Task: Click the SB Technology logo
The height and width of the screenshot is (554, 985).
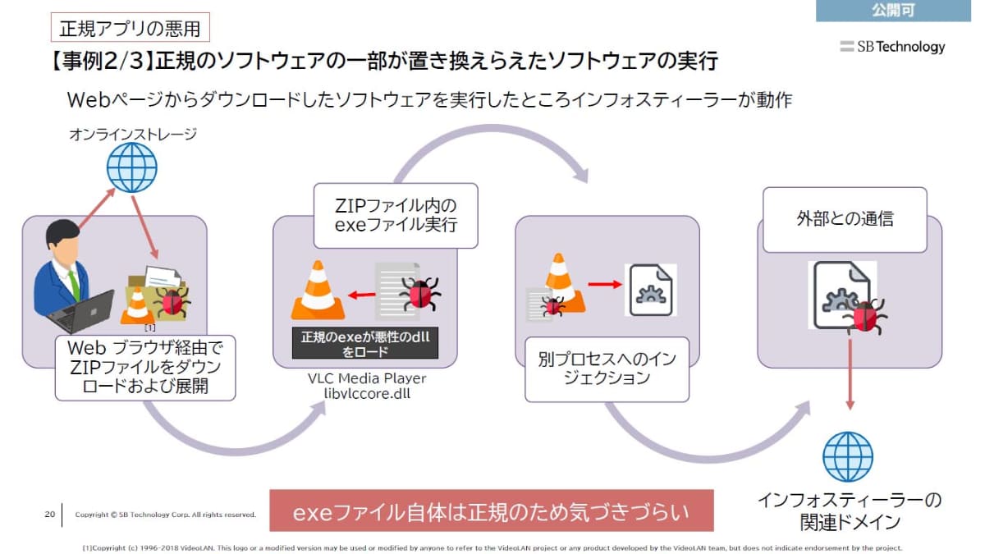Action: coord(892,47)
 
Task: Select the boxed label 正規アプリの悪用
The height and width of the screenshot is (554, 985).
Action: coord(130,28)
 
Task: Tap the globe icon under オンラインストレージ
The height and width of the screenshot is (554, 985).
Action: coord(131,167)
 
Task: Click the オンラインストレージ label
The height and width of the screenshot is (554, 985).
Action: coord(132,135)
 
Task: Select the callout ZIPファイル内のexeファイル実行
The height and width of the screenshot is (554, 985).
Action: coord(396,215)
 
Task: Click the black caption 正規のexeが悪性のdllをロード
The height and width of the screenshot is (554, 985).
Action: coord(364,344)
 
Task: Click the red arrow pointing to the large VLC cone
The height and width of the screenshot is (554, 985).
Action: coord(359,293)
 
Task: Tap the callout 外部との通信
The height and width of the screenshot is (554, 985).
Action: coord(845,219)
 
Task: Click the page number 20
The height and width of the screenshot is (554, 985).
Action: coord(49,515)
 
